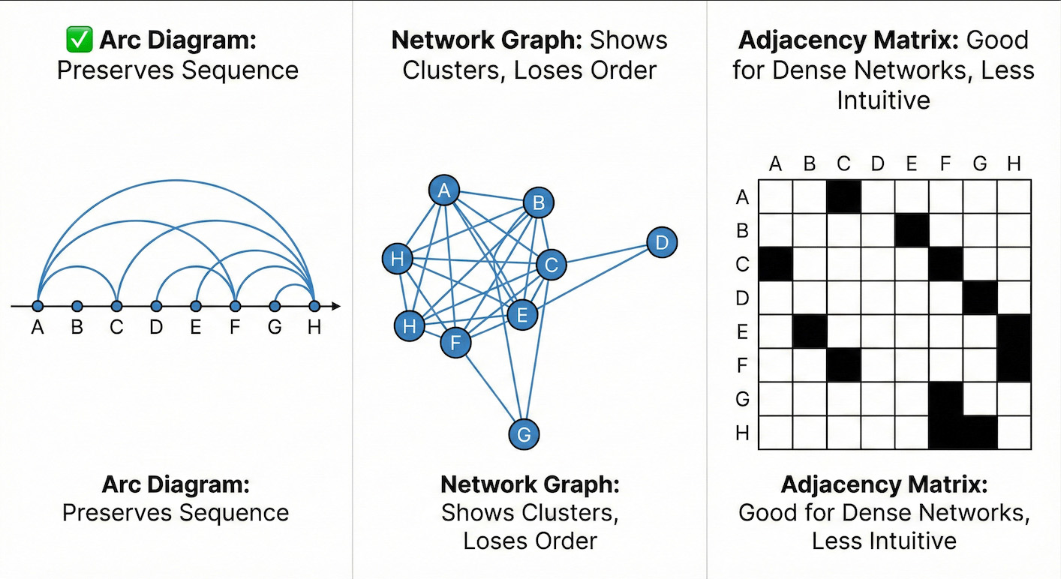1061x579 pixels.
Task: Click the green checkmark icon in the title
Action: [79, 40]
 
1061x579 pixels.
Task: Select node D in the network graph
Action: [661, 243]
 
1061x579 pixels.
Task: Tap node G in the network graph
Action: [524, 434]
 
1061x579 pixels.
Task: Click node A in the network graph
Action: [444, 190]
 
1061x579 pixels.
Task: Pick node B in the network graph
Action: [538, 202]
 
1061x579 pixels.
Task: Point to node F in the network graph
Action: [455, 343]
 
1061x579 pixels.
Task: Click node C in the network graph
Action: [551, 265]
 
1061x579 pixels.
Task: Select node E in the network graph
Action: [522, 315]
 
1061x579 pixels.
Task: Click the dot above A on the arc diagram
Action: [38, 306]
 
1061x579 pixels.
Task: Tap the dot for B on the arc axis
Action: [77, 306]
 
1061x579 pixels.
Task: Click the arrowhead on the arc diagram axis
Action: [336, 306]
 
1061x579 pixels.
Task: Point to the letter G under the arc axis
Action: [275, 328]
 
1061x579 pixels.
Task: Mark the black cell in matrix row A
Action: [843, 196]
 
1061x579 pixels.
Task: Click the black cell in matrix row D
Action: [980, 298]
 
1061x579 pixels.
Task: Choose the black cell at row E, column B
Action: [810, 331]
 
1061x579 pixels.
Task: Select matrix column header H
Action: [1014, 163]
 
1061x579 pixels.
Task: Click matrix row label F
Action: [743, 366]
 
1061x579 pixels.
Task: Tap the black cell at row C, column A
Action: [776, 264]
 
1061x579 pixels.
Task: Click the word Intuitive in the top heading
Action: [883, 100]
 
